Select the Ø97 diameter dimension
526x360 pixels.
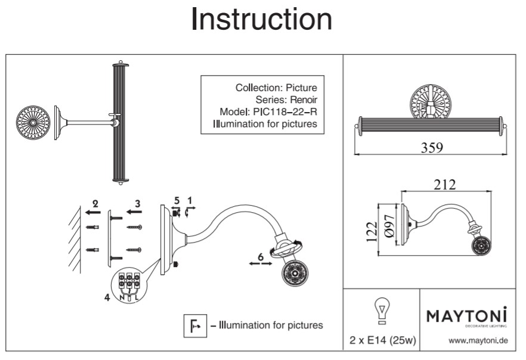(388, 228)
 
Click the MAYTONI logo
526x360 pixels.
(466, 315)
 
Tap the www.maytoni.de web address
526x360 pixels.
(478, 341)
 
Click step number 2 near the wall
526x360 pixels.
(95, 203)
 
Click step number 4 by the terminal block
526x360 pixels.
(107, 296)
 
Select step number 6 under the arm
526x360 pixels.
(260, 257)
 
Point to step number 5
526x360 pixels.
(177, 200)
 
